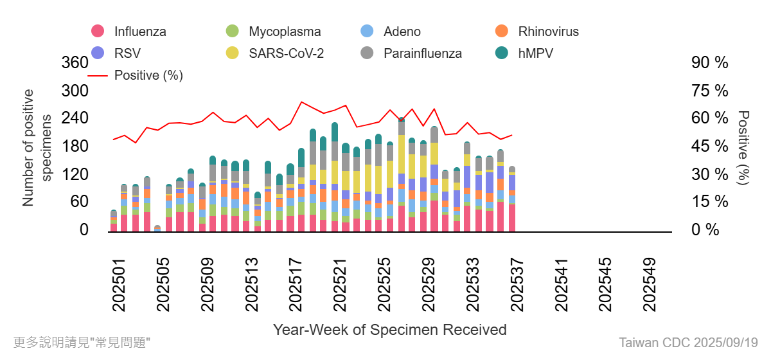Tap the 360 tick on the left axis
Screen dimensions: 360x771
75,63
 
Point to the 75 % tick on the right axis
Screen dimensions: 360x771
710,91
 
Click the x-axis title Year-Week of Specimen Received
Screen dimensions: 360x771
390,330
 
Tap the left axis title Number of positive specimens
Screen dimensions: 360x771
37,148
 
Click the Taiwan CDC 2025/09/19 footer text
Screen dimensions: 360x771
688,342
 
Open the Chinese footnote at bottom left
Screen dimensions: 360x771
82,342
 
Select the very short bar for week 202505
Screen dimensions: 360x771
157,228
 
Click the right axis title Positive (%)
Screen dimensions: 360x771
743,148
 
